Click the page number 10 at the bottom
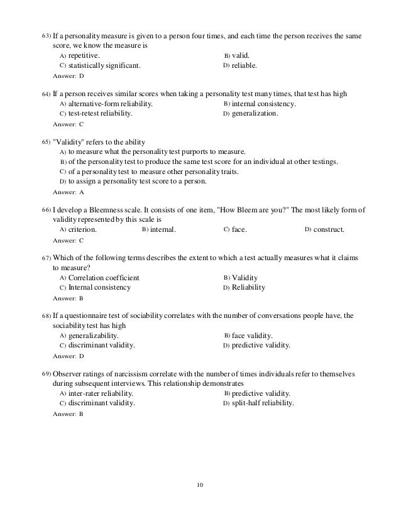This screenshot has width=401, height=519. (x=200, y=484)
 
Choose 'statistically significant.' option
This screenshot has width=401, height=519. (x=104, y=65)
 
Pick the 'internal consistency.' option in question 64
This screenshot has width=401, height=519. (x=264, y=104)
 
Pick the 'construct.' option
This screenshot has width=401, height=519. (x=329, y=229)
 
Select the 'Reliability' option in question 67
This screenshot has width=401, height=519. (x=248, y=287)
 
